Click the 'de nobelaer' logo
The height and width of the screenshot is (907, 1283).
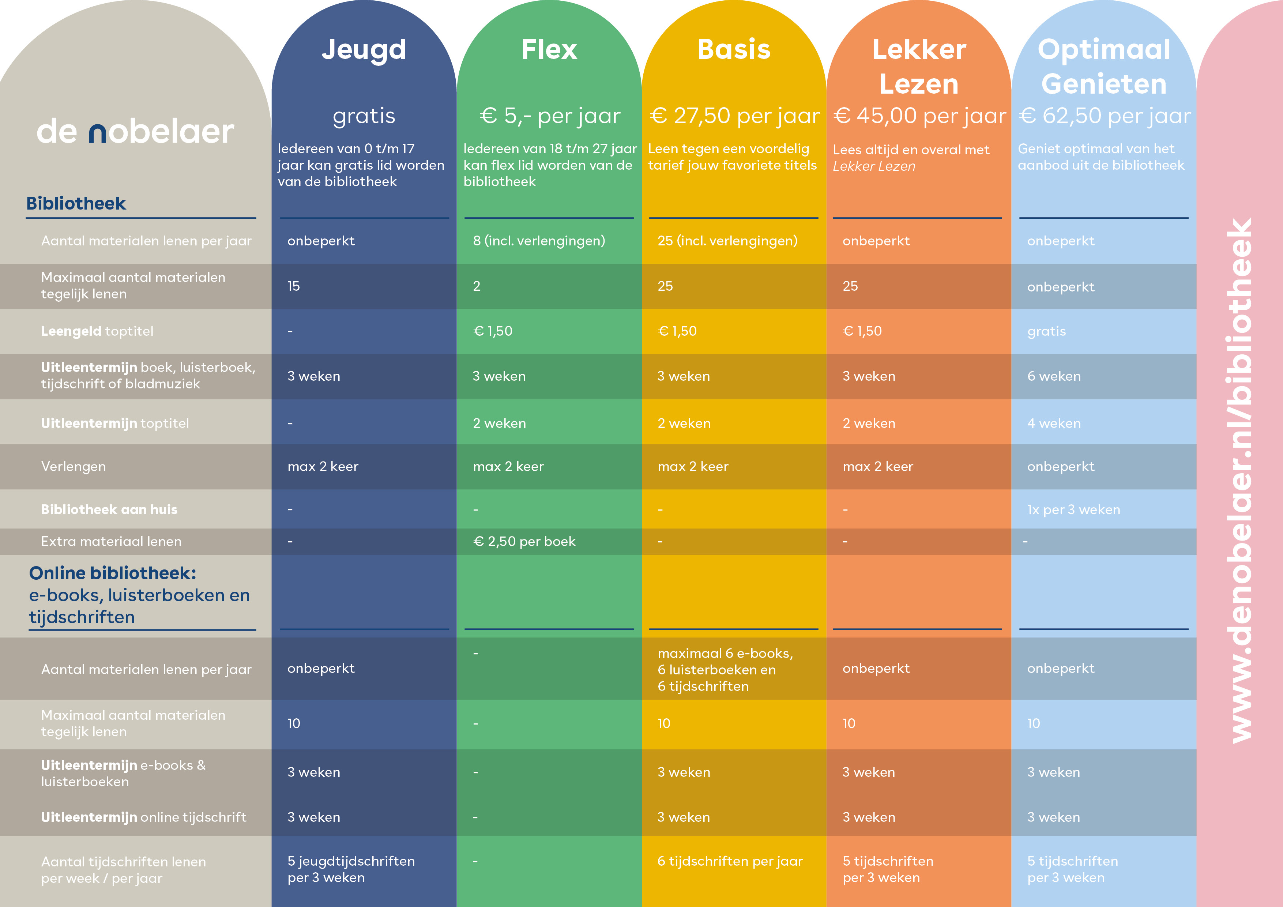tap(135, 132)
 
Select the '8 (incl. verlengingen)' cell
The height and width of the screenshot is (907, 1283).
tap(539, 241)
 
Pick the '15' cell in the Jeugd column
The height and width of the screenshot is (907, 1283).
tap(294, 286)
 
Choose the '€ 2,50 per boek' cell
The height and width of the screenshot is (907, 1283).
tap(524, 542)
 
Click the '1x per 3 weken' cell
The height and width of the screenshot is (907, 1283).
tap(1073, 510)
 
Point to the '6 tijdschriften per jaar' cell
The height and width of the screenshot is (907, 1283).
tap(729, 861)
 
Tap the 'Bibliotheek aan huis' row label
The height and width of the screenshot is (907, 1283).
tap(109, 510)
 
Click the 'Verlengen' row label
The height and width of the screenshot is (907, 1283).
tap(73, 467)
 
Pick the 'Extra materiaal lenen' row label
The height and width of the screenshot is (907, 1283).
tap(111, 542)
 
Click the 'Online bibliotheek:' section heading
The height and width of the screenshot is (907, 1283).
tap(112, 573)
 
